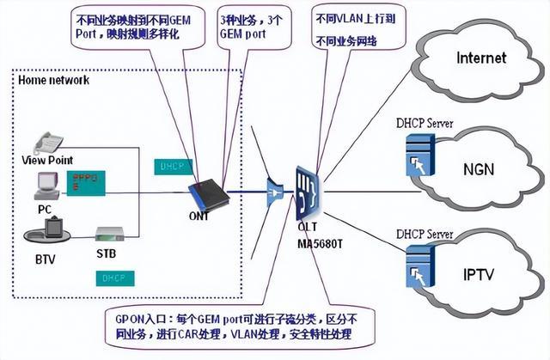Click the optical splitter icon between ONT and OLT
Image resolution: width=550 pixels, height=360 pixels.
pos(275,188)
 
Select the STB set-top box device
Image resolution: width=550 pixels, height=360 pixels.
pos(110,234)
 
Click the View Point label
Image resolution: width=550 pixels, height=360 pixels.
pos(47,160)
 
